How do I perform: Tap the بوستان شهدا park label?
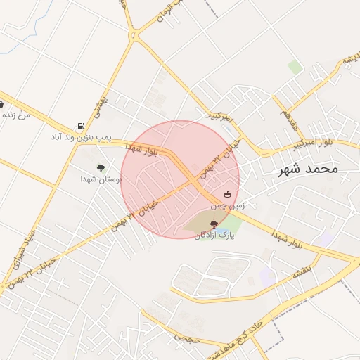101,179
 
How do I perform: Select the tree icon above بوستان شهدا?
101,168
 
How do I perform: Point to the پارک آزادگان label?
214,236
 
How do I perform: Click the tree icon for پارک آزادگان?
214,224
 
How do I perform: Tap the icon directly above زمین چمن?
227,193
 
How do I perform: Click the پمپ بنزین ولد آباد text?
78,136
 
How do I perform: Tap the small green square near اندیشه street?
295,67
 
